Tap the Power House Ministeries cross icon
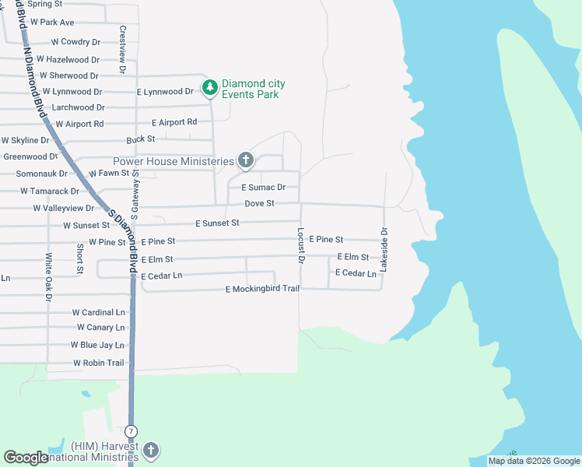click(x=246, y=161)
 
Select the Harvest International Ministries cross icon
click(x=151, y=450)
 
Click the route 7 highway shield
click(x=131, y=430)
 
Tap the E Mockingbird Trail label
click(x=262, y=290)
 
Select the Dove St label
click(x=260, y=203)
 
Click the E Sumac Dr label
click(x=263, y=188)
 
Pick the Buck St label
click(x=141, y=139)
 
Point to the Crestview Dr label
click(x=122, y=49)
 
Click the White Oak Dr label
click(x=48, y=277)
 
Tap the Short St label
click(x=80, y=258)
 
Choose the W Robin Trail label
click(x=99, y=363)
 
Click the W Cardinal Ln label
click(x=98, y=311)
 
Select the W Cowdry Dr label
click(x=75, y=41)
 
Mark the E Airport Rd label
click(x=174, y=122)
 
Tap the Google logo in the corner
click(x=26, y=458)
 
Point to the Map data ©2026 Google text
click(x=533, y=461)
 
